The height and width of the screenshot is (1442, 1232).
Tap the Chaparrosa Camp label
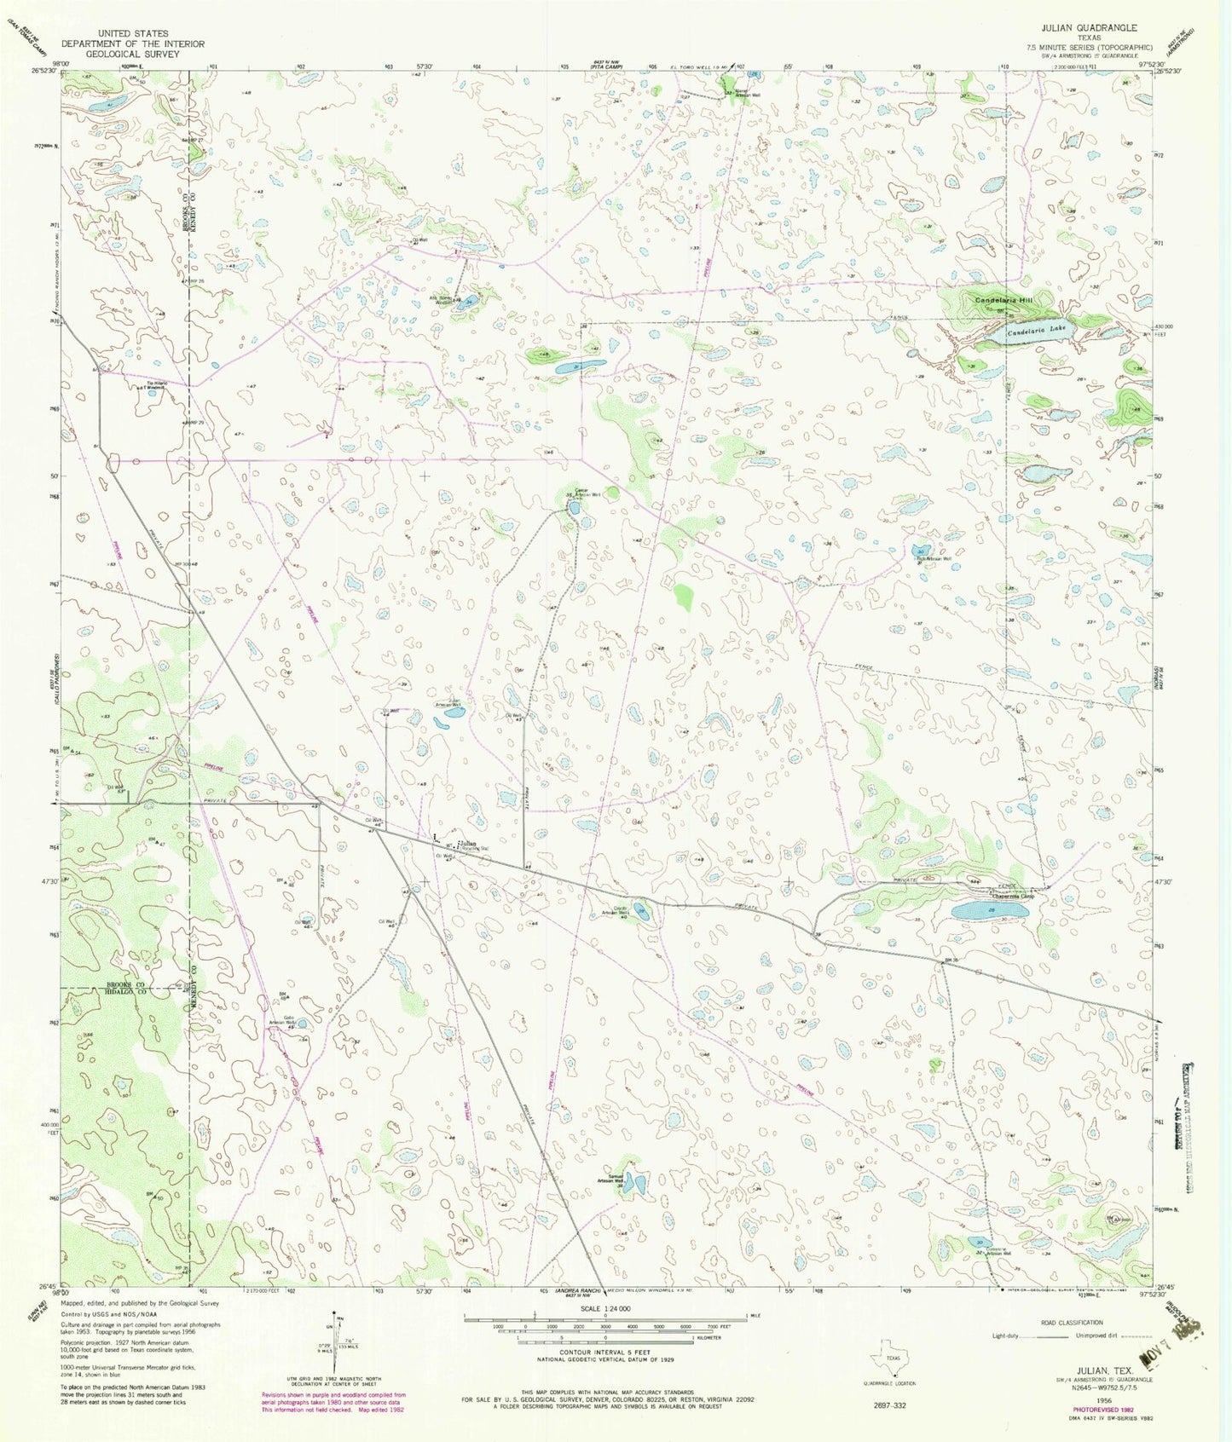(1012, 896)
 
